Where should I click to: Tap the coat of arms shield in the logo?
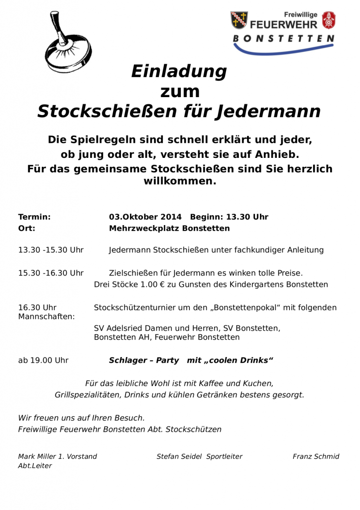pyautogui.click(x=239, y=20)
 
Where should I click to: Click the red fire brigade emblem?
pyautogui.click(x=329, y=20)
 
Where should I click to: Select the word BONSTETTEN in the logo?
pyautogui.click(x=283, y=38)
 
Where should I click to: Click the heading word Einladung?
pyautogui.click(x=179, y=72)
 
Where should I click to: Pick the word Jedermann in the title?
pyautogui.click(x=268, y=111)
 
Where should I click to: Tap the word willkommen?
pyautogui.click(x=180, y=181)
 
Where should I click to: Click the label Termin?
pyautogui.click(x=34, y=217)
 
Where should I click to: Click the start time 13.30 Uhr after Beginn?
pyautogui.click(x=247, y=217)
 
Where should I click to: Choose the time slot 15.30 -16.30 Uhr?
pyautogui.click(x=51, y=273)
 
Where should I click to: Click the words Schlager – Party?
pyautogui.click(x=144, y=360)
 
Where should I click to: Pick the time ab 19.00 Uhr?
pyautogui.click(x=43, y=360)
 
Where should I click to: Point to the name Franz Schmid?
pyautogui.click(x=316, y=456)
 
